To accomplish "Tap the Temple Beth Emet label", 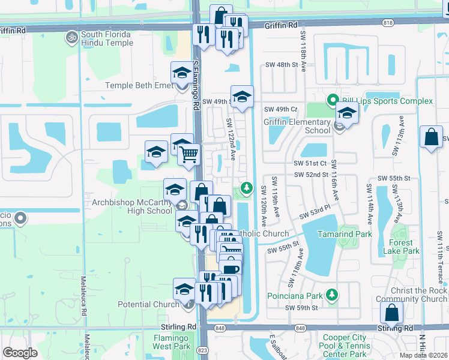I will coord(139,85).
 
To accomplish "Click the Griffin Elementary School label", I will coord(297,126).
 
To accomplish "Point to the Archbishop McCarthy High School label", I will coord(131,206).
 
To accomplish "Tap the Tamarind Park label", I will coord(346,234).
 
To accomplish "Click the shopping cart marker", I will coord(189,155).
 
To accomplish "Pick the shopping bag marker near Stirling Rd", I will coord(391,313).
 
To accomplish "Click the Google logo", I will coord(20,353).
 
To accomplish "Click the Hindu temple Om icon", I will coord(71,37).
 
